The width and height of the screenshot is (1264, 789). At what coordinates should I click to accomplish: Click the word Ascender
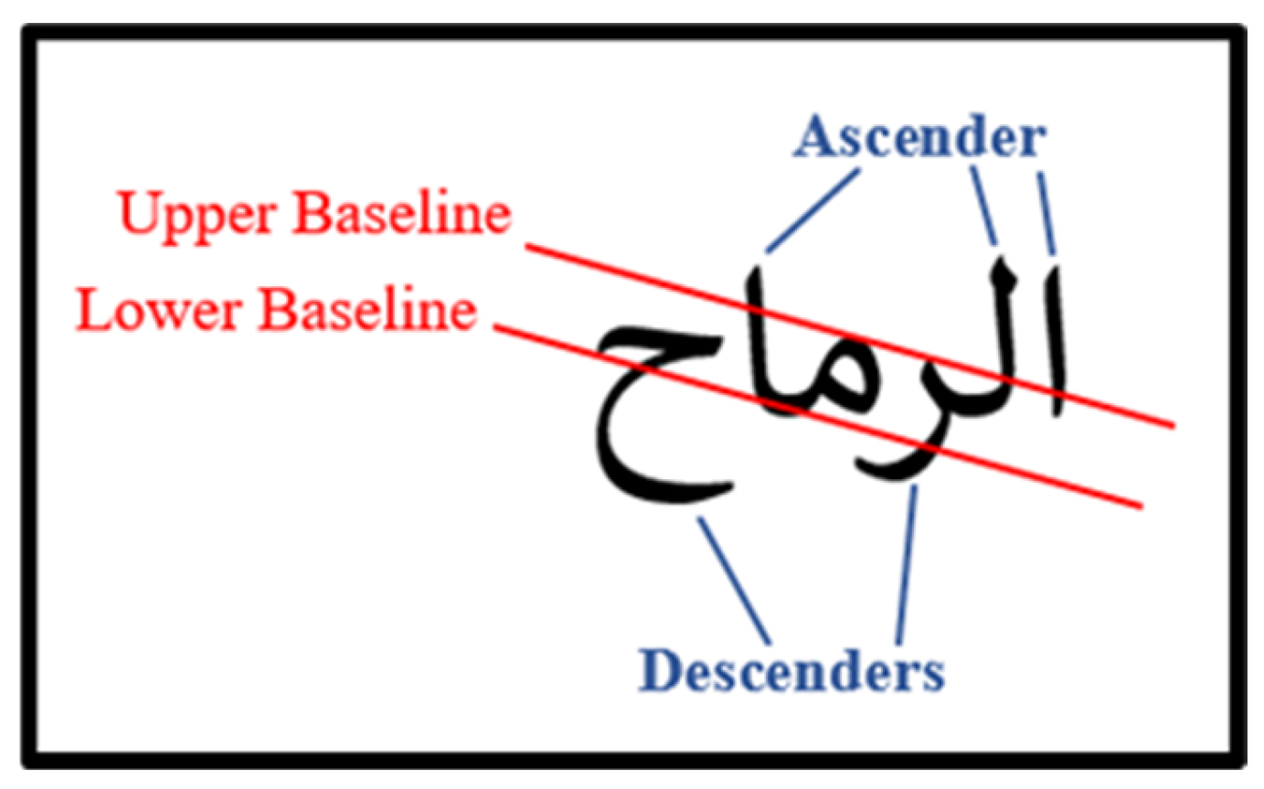pyautogui.click(x=919, y=140)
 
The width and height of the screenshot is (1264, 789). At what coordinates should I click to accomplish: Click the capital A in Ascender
pyautogui.click(x=816, y=140)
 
